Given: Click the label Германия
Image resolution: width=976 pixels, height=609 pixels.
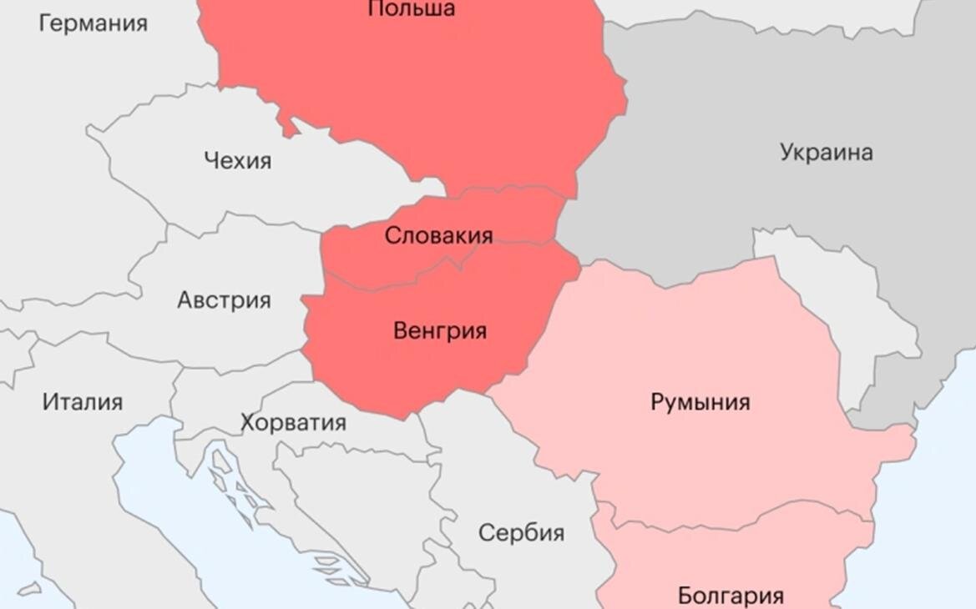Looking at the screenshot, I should click(x=93, y=23).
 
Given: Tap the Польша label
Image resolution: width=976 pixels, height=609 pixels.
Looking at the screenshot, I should click(x=411, y=9).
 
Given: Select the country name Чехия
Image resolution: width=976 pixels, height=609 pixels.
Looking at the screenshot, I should click(x=238, y=159).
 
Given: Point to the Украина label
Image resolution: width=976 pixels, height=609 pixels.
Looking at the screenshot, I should click(x=826, y=153).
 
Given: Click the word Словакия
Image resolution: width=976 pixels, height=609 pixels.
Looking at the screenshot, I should click(x=438, y=236).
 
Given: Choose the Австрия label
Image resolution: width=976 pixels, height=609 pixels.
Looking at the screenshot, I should click(x=224, y=300).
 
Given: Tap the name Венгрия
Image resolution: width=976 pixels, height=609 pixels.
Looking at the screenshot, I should click(x=439, y=331).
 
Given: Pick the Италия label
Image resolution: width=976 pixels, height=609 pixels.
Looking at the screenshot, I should click(x=83, y=402).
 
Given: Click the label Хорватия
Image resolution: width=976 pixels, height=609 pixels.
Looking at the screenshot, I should click(x=293, y=422).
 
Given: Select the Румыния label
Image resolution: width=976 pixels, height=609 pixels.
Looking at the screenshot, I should click(x=700, y=402).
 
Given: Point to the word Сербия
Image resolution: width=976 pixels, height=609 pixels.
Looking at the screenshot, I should click(x=521, y=532).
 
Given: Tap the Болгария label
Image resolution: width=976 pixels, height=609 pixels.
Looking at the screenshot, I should click(x=730, y=596).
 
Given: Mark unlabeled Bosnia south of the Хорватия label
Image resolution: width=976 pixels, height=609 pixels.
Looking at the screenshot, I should click(x=359, y=492).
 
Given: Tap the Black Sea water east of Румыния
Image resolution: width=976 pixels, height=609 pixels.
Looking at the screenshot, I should click(x=935, y=501).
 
